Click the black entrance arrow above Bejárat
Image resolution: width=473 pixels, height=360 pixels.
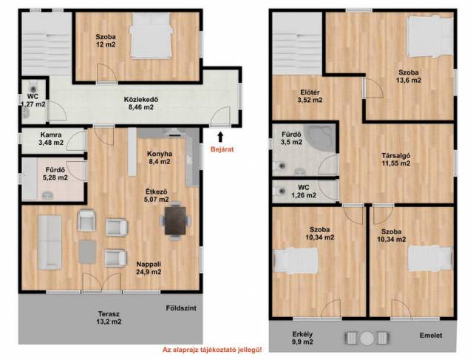click(220, 137)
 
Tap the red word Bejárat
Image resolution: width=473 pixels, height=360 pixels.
click(222, 149)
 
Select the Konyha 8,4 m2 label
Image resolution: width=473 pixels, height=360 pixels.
click(160, 157)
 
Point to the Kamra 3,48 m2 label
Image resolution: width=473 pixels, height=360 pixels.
click(51, 138)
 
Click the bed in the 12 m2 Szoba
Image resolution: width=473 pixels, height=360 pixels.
click(151, 35)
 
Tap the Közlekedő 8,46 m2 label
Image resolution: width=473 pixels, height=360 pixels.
click(141, 103)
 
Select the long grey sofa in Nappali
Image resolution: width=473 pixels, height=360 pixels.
click(50, 242)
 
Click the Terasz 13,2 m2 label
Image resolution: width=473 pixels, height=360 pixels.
click(109, 317)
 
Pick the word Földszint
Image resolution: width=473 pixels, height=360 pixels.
click(181, 308)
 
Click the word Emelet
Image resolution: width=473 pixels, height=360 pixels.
click(431, 336)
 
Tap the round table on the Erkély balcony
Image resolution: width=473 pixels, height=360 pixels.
click(367, 339)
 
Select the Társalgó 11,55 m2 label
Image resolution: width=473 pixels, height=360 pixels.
click(396, 160)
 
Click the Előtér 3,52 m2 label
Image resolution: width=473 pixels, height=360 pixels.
click(310, 96)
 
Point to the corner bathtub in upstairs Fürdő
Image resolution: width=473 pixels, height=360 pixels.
click(320, 138)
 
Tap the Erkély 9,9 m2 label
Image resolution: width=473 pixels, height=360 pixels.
click(302, 338)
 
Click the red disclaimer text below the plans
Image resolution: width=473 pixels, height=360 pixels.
click(212, 350)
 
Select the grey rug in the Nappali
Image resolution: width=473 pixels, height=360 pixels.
click(87, 251)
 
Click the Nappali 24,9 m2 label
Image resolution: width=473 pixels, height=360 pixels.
click(149, 268)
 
